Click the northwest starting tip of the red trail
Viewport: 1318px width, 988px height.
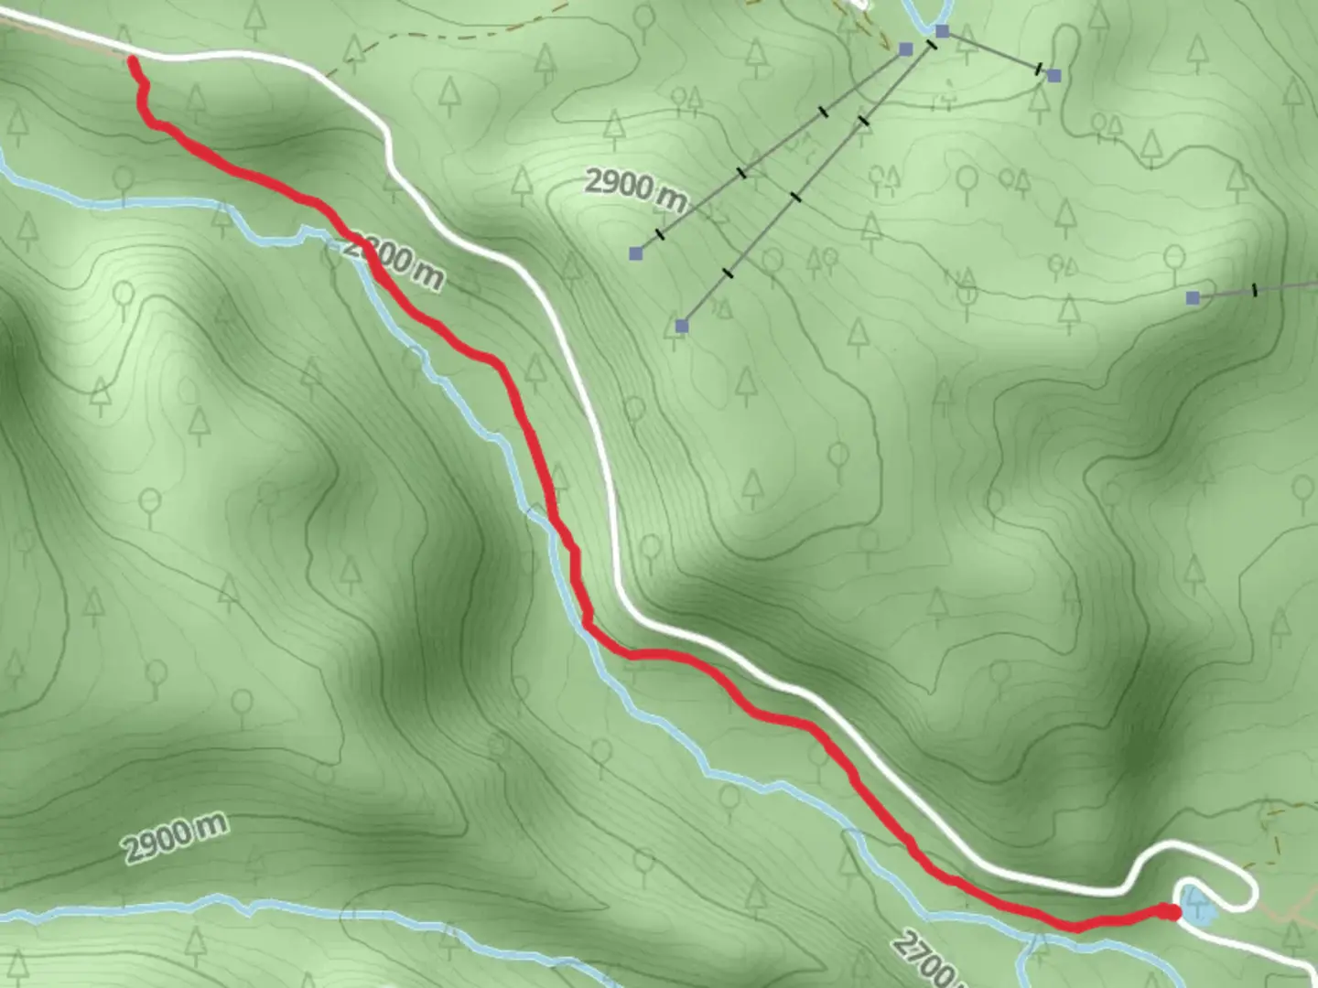134,60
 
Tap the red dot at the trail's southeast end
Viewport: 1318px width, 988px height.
1171,911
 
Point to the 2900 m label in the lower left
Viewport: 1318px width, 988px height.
175,839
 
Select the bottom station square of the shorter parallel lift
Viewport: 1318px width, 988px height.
636,252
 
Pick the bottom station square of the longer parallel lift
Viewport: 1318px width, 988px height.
681,326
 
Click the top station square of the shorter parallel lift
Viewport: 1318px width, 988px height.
906,48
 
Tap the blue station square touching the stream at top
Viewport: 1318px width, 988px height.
942,32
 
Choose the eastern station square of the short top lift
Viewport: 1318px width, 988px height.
1054,76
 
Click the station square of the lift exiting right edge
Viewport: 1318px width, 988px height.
1193,297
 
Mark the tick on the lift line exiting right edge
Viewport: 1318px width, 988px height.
1254,291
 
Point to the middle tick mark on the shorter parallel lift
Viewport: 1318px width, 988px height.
741,172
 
